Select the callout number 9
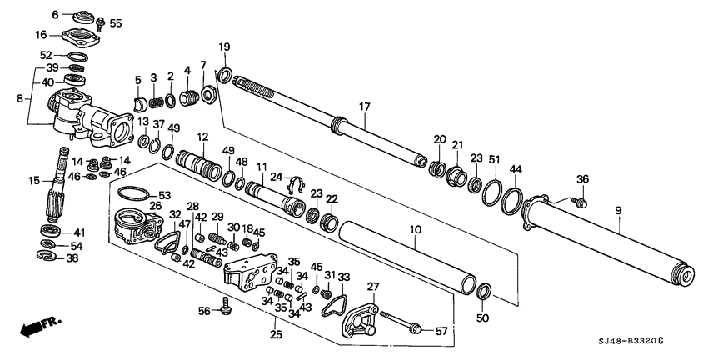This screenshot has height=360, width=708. (x=617, y=210)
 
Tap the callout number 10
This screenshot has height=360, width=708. (x=415, y=229)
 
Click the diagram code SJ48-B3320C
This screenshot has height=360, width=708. (x=627, y=341)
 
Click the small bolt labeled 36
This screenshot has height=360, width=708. (x=581, y=201)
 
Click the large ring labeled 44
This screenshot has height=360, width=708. (x=511, y=203)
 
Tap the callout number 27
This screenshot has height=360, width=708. (x=372, y=287)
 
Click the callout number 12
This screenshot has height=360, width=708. (x=202, y=136)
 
